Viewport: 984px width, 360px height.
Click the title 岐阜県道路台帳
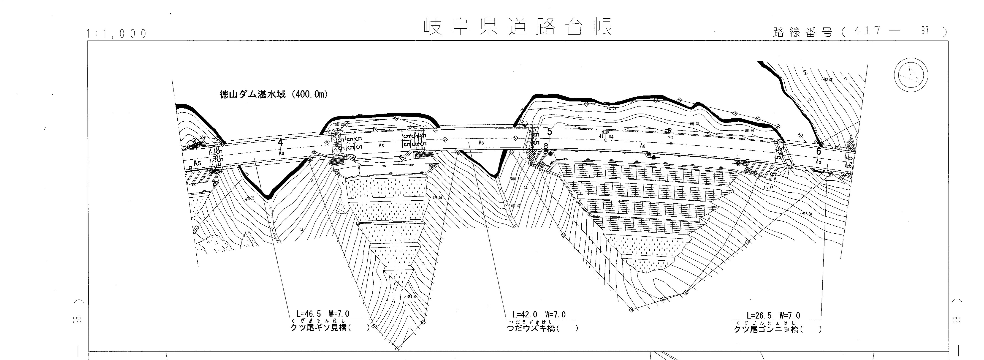[518, 27]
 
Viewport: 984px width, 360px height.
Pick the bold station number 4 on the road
[280, 142]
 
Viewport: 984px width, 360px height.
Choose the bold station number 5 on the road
[549, 132]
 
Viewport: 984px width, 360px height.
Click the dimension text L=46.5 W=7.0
[323, 314]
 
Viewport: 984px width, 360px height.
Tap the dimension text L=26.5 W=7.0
[773, 315]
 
